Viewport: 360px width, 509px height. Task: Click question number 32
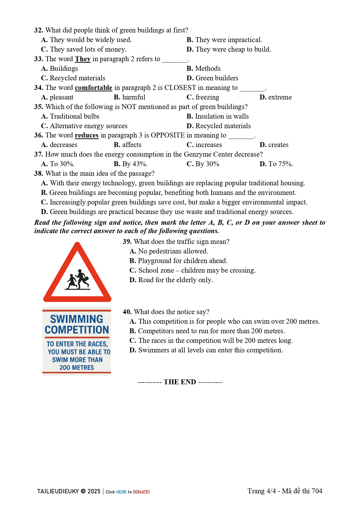[x=39, y=30]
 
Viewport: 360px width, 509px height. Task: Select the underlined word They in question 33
[x=83, y=59]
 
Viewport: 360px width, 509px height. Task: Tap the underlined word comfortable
[x=93, y=88]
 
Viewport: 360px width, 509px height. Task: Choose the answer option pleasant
[x=61, y=97]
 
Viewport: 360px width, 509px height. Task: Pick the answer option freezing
[x=207, y=97]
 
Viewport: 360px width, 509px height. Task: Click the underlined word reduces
[x=86, y=135]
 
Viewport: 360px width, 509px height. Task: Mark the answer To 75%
[x=280, y=164]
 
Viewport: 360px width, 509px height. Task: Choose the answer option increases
[x=208, y=145]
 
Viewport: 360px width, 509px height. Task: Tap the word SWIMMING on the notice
[x=77, y=319]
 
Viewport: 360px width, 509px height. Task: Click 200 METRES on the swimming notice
[x=77, y=368]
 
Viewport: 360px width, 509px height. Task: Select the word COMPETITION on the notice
[x=77, y=330]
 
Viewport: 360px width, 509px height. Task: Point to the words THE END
[x=180, y=382]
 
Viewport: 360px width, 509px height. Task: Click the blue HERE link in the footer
[x=121, y=492]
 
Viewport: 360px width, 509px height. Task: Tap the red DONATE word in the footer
[x=141, y=492]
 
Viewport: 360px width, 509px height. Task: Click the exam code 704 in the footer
[x=317, y=491]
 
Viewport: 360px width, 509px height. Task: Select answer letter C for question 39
[x=133, y=271]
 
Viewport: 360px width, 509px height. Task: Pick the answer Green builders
[x=216, y=78]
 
